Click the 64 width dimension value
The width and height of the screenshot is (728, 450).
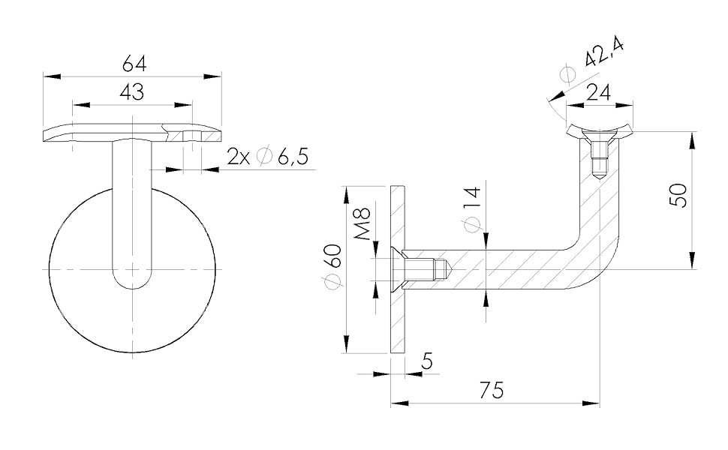point(134,64)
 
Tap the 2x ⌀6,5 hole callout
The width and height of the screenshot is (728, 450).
point(268,157)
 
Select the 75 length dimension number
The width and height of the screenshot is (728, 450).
point(492,391)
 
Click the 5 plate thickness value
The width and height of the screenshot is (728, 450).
point(427,361)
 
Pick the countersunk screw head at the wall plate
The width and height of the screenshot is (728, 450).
point(397,268)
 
